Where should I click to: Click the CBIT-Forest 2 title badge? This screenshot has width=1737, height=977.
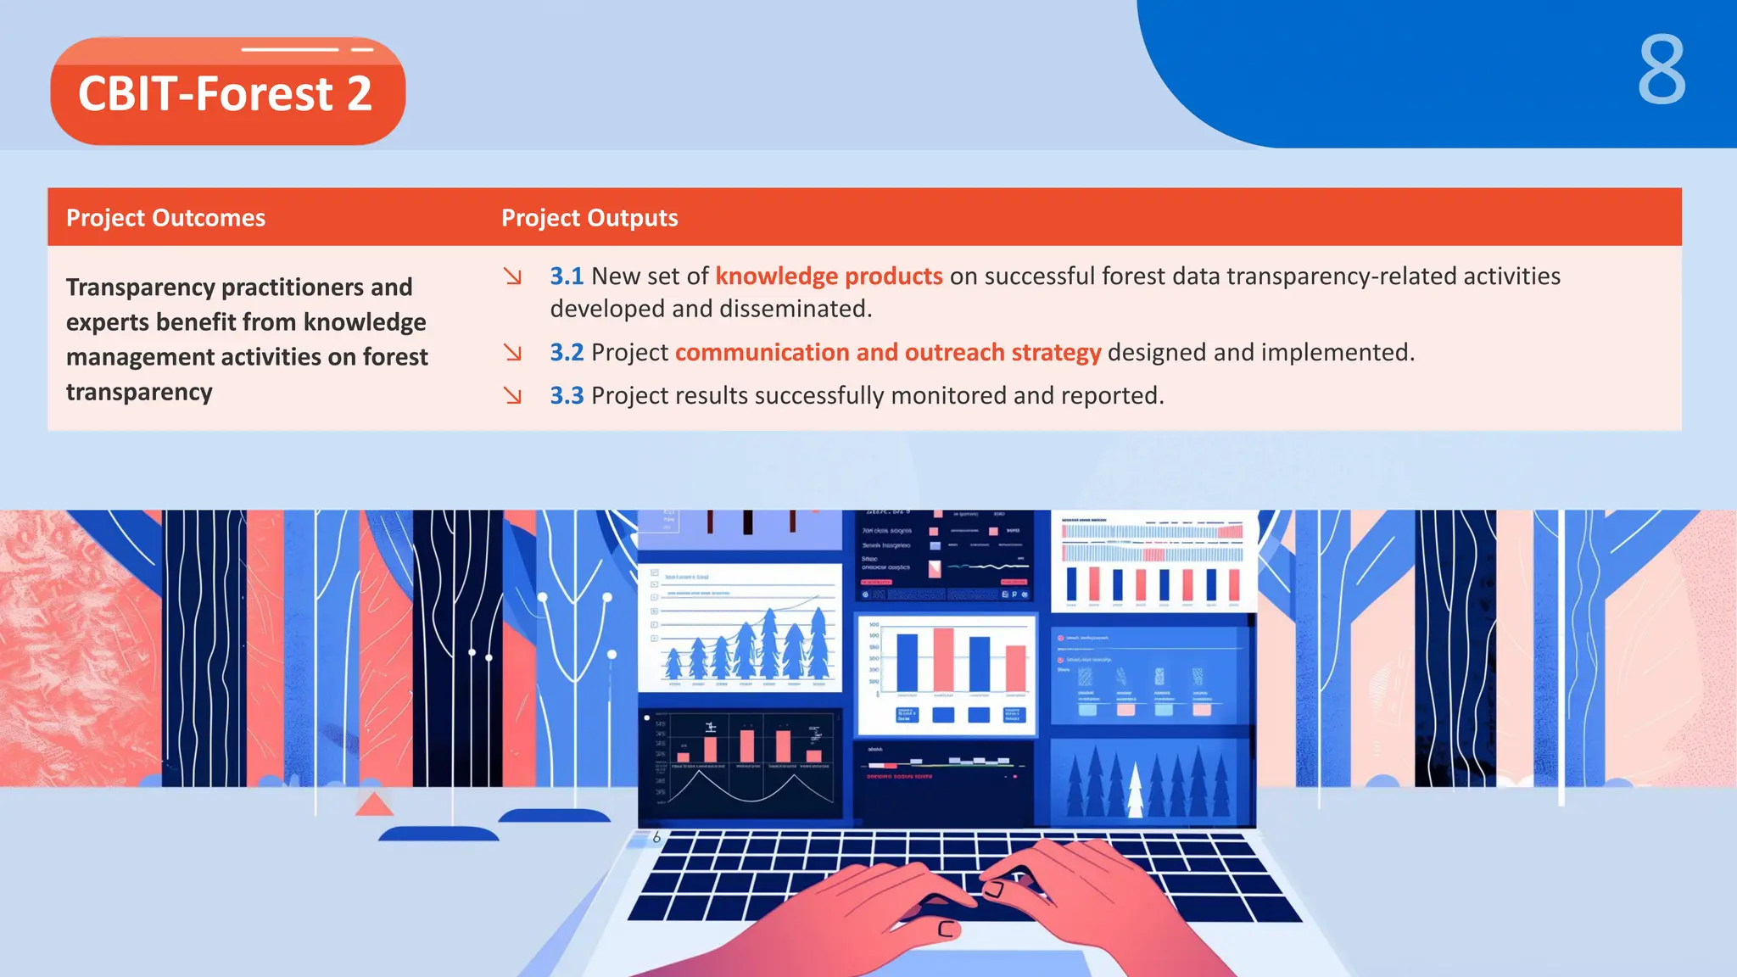(227, 92)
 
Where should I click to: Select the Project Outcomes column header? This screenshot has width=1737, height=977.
(166, 218)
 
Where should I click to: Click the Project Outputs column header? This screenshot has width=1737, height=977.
(589, 218)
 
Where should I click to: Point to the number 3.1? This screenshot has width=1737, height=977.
(567, 276)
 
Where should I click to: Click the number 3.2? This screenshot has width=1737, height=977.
(567, 353)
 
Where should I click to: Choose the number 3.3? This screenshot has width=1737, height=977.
(567, 396)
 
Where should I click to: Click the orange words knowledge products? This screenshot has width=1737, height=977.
(829, 276)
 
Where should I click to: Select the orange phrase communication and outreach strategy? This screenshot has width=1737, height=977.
(888, 353)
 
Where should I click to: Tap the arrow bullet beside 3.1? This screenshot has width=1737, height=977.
(512, 276)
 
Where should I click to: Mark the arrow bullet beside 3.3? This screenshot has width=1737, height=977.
(512, 396)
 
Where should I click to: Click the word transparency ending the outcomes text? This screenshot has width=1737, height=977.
(139, 393)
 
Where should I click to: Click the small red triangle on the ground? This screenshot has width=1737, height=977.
(373, 804)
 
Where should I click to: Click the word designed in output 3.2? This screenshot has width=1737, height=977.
(1156, 353)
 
